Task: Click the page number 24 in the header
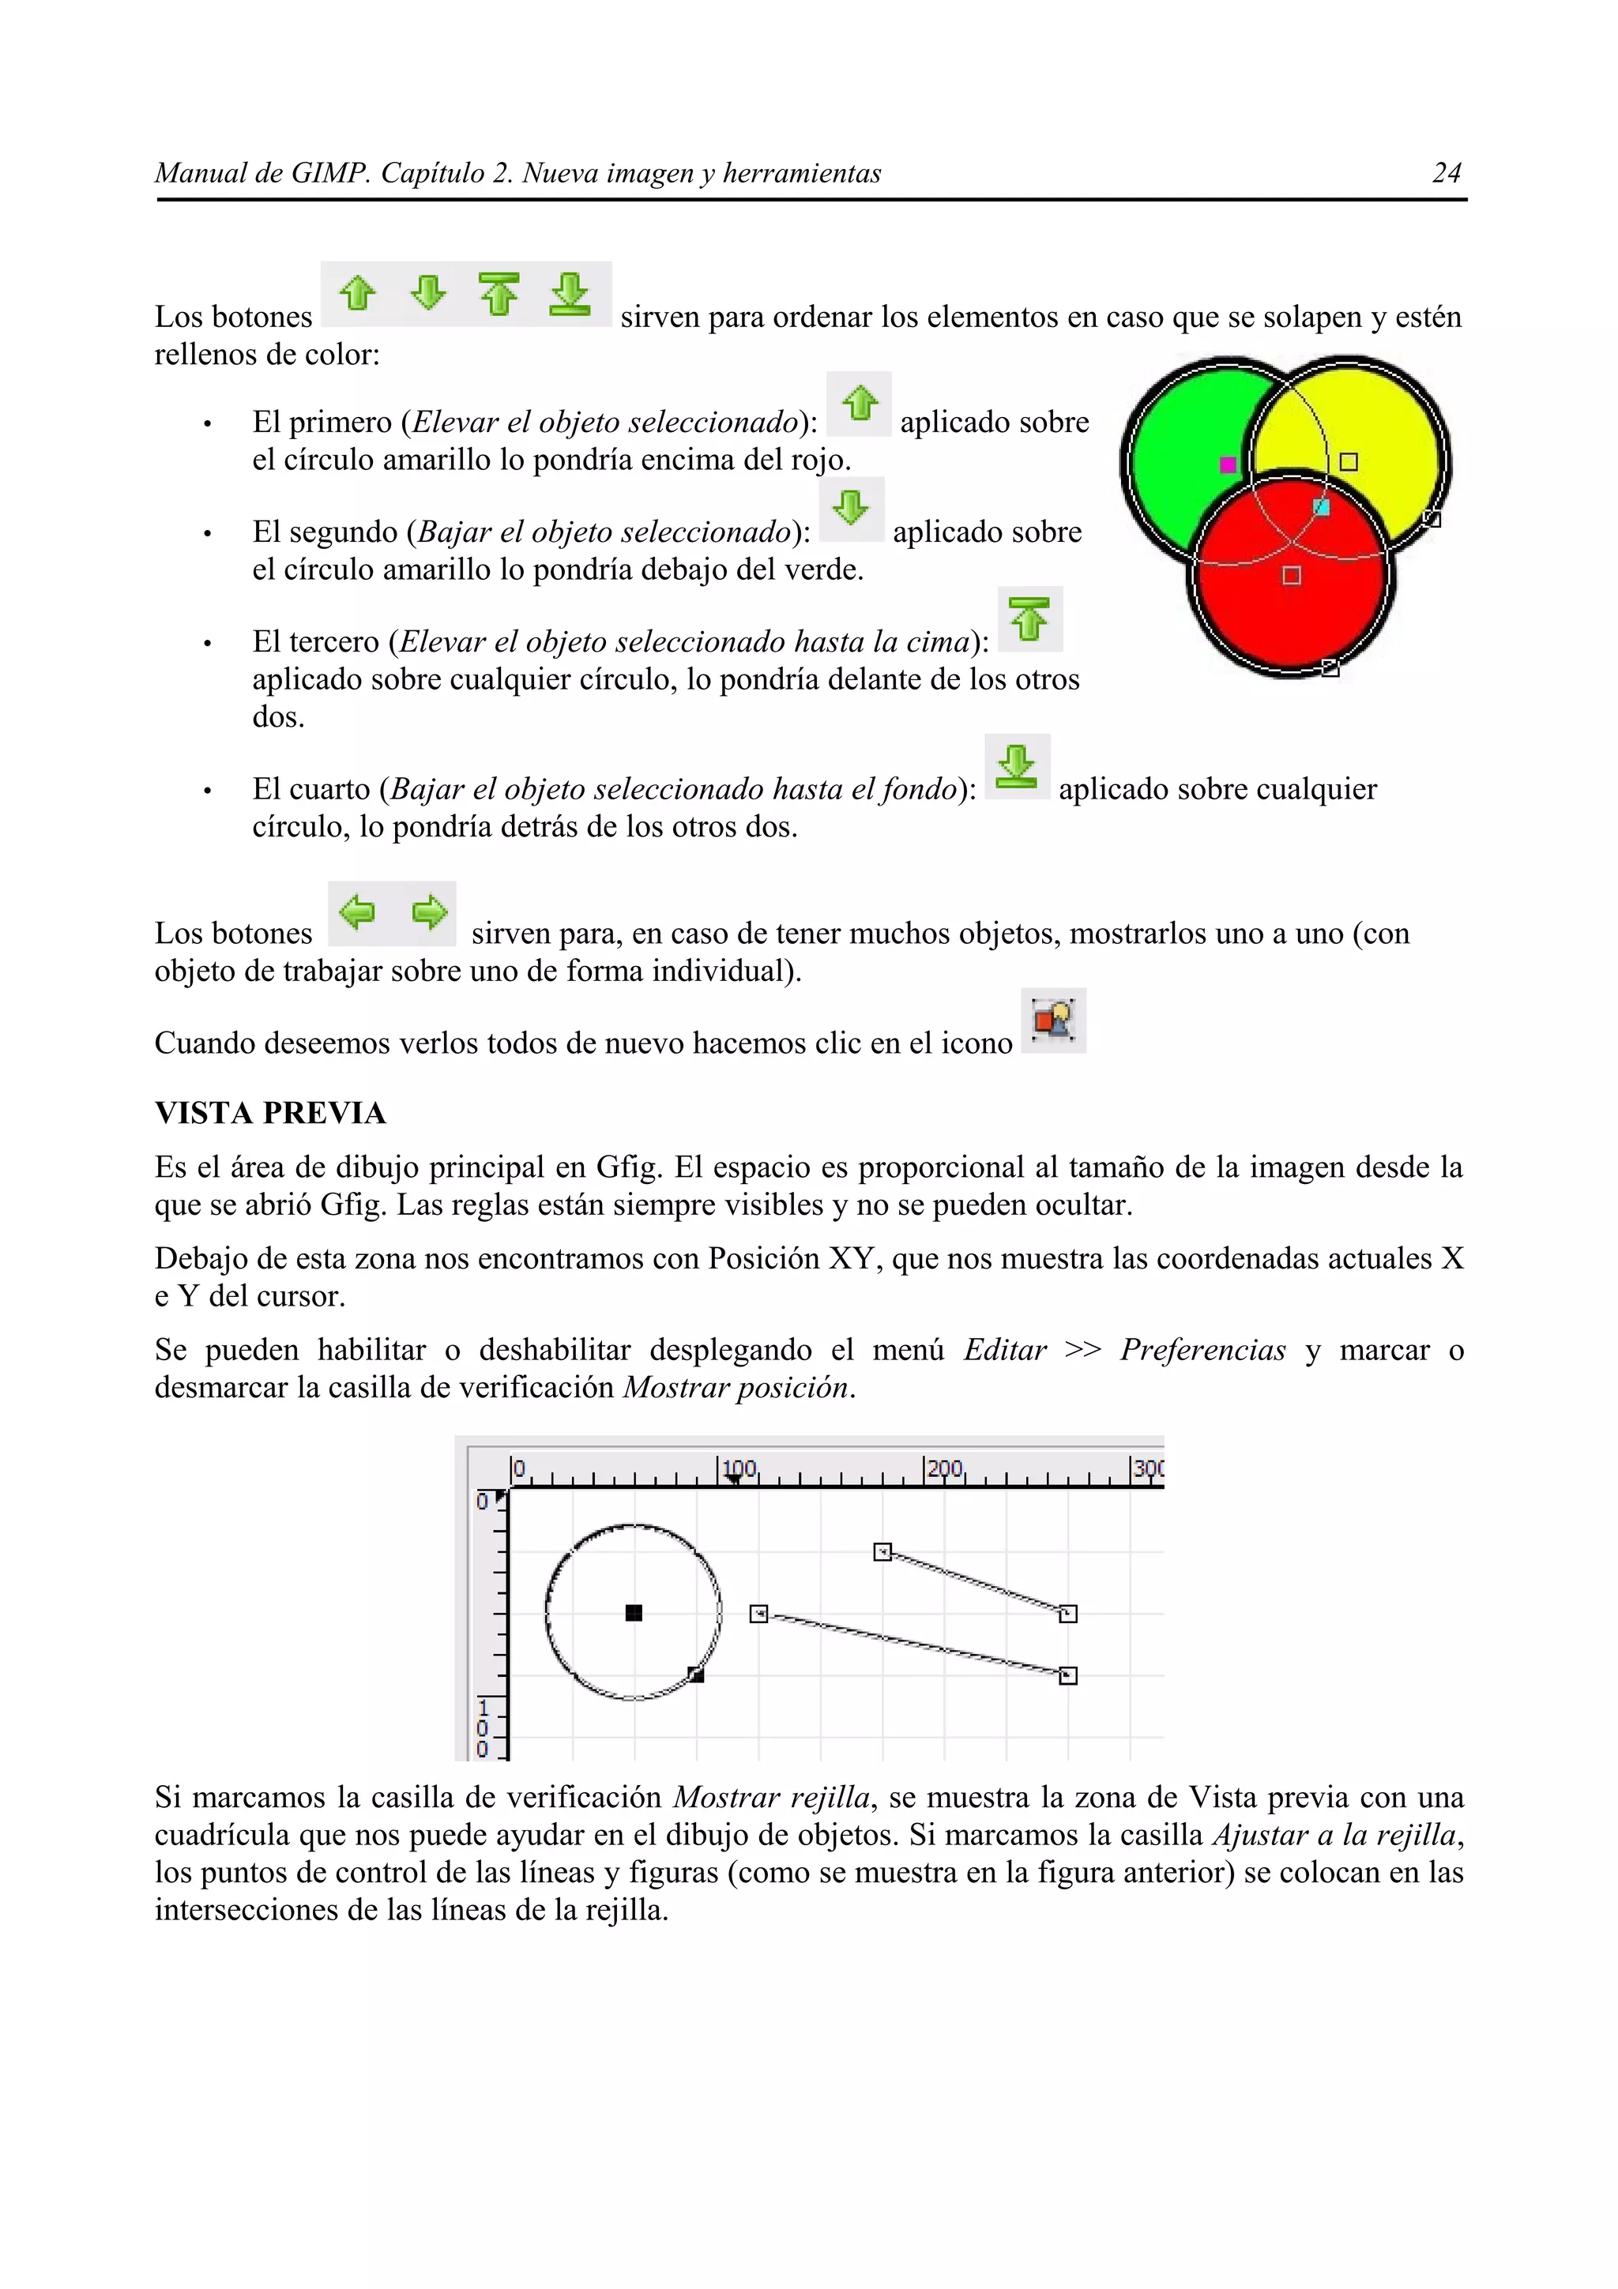pyautogui.click(x=1446, y=174)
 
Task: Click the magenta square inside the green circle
pyautogui.click(x=1229, y=464)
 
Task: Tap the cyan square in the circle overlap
pyautogui.click(x=1321, y=507)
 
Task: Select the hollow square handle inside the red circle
pyautogui.click(x=1291, y=575)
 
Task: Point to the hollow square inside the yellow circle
pyautogui.click(x=1348, y=461)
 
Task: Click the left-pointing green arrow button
pyautogui.click(x=357, y=912)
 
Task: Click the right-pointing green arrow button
pyautogui.click(x=429, y=912)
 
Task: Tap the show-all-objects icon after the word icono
pyautogui.click(x=1053, y=1020)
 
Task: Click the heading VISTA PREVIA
pyautogui.click(x=270, y=1114)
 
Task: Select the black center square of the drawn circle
pyautogui.click(x=633, y=1613)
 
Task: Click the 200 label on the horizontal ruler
pyautogui.click(x=944, y=1468)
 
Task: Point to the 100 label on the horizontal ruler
pyautogui.click(x=739, y=1468)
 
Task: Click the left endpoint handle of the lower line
pyautogui.click(x=758, y=1613)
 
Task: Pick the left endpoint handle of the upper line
pyautogui.click(x=882, y=1552)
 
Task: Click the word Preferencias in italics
pyautogui.click(x=1202, y=1350)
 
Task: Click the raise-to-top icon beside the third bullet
pyautogui.click(x=1030, y=619)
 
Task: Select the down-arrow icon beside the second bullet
pyautogui.click(x=850, y=509)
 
